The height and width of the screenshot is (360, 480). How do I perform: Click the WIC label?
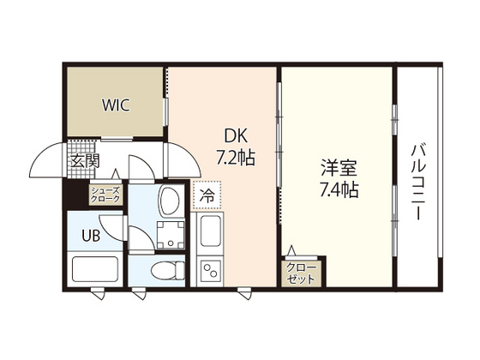coord(117,105)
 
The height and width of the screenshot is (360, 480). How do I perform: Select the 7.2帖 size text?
coord(236,158)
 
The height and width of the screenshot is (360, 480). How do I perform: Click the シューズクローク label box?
coord(106,195)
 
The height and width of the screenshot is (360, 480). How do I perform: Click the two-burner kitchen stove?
coord(210,272)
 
